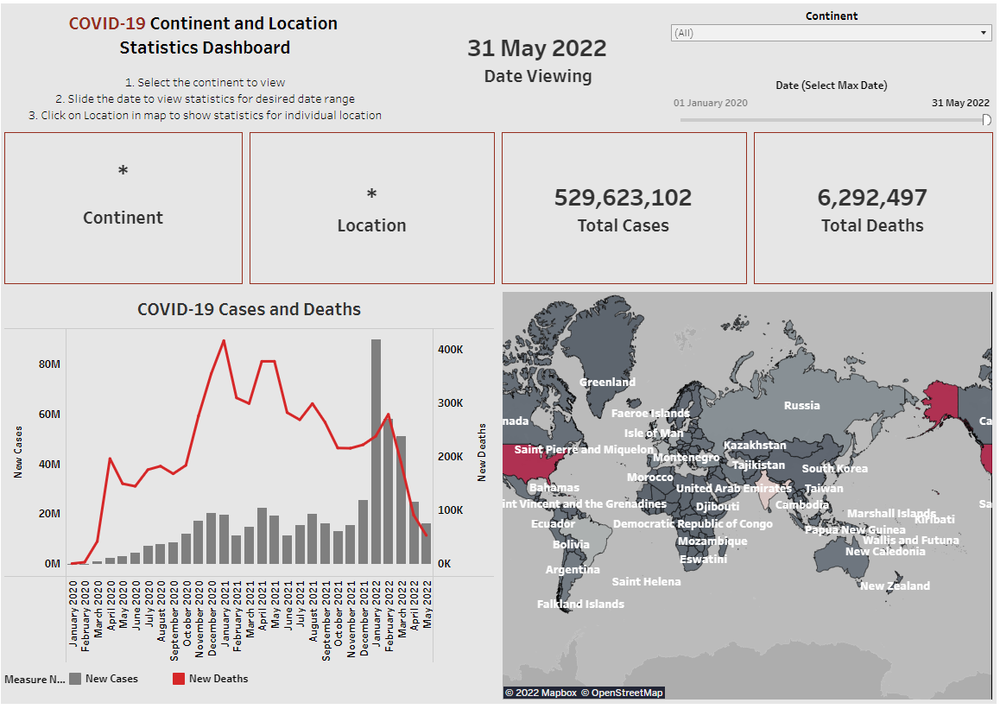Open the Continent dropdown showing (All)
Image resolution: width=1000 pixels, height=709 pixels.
tap(831, 33)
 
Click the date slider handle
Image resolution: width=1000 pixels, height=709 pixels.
tap(987, 120)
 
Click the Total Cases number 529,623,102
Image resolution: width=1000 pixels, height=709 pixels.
tap(623, 198)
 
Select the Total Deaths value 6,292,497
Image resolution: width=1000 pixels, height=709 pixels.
tap(872, 198)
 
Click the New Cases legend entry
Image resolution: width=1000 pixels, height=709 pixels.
tap(111, 679)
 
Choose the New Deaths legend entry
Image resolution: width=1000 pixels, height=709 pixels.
tap(218, 679)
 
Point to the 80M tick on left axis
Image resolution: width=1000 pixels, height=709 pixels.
tap(49, 364)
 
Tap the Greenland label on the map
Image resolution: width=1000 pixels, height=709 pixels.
tap(607, 382)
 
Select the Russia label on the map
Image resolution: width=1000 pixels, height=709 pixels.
tap(801, 405)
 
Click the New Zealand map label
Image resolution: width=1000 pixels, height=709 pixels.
tap(895, 586)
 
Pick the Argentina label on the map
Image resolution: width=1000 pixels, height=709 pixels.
tap(573, 570)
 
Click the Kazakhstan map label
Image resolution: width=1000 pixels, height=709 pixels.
tap(755, 446)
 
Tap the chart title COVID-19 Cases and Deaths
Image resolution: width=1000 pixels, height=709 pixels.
tap(249, 309)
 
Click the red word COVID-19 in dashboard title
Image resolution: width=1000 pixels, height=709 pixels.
tap(107, 23)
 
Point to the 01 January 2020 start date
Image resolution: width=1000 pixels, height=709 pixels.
tap(711, 103)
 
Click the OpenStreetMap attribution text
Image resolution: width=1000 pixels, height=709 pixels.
tap(622, 693)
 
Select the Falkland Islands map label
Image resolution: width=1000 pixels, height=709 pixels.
tap(580, 605)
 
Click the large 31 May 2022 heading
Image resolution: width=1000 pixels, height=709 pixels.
tap(537, 48)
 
